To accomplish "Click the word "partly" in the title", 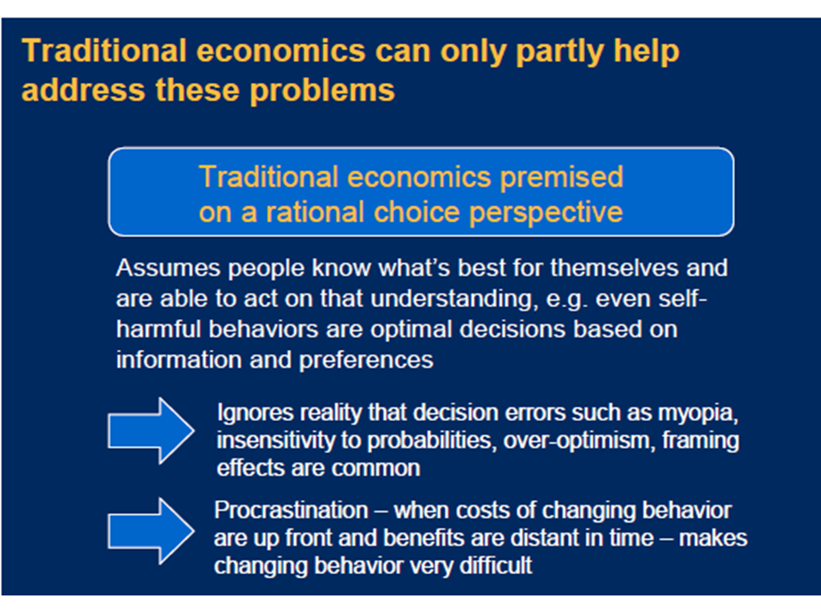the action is pyautogui.click(x=559, y=53).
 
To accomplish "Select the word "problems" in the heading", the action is pyautogui.click(x=322, y=92).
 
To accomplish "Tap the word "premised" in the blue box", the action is pyautogui.click(x=561, y=178).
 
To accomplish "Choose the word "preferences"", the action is pyautogui.click(x=366, y=361).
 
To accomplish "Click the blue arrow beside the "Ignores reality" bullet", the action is pyautogui.click(x=151, y=430).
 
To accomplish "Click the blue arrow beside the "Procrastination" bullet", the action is pyautogui.click(x=151, y=531).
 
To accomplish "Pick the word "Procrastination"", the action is pyautogui.click(x=291, y=511).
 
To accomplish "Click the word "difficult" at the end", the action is pyautogui.click(x=495, y=566).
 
